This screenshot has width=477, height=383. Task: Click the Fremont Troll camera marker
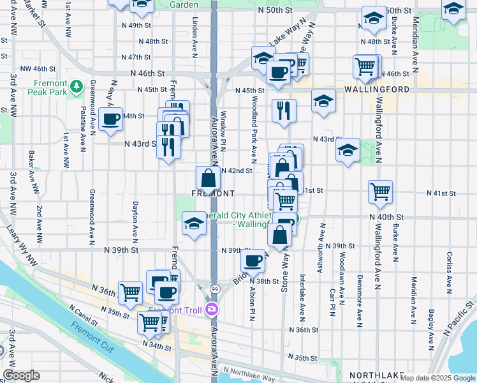point(212,310)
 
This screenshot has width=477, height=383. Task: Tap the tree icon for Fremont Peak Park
point(77,85)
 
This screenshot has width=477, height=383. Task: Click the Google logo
point(22,375)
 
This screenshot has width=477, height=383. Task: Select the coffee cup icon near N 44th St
point(110,118)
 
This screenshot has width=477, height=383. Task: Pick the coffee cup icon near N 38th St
point(254,260)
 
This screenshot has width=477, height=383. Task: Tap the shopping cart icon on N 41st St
point(380,191)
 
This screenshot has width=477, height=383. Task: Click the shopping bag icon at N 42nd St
point(209,177)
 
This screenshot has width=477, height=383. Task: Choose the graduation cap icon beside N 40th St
point(194,223)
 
